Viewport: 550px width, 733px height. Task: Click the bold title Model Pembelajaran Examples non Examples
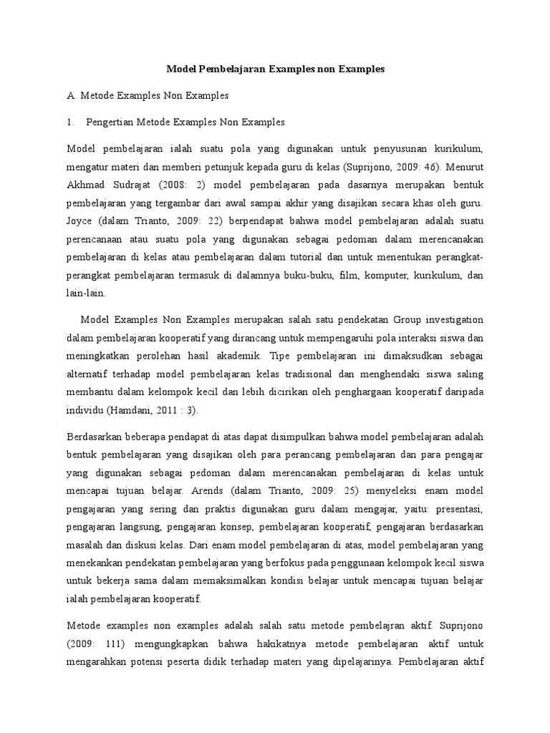[276, 69]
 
